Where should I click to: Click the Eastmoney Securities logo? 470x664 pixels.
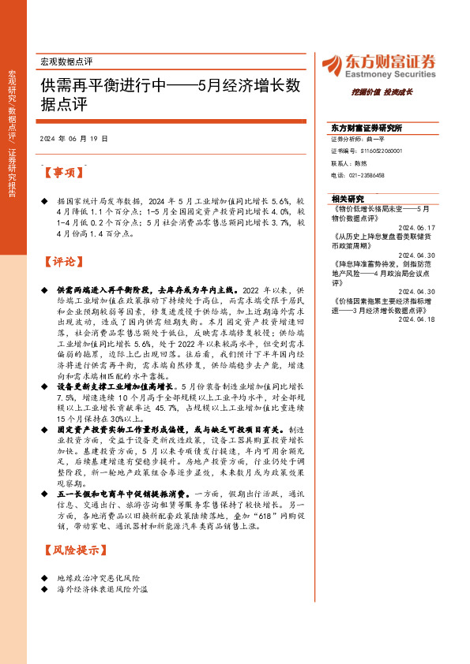(379, 65)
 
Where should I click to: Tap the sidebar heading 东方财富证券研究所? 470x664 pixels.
(367, 127)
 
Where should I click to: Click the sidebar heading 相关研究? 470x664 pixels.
(348, 199)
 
